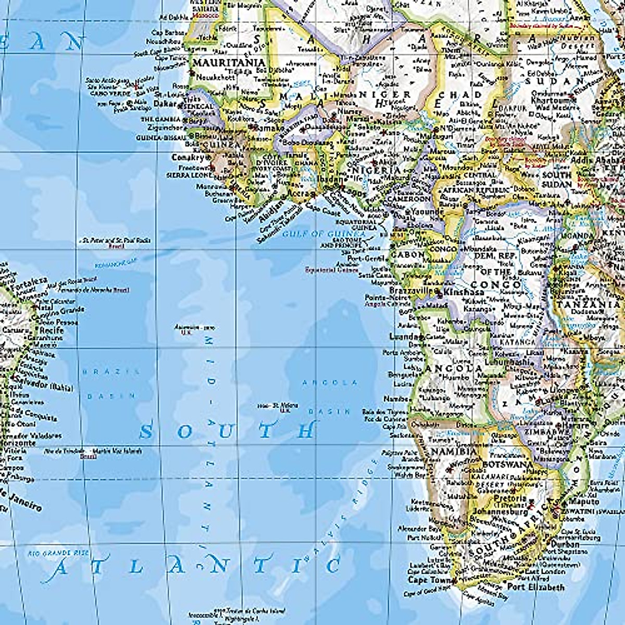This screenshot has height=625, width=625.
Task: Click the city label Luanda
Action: tap(404, 336)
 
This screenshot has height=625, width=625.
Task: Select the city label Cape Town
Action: tap(424, 580)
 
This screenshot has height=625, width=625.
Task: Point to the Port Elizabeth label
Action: tap(536, 587)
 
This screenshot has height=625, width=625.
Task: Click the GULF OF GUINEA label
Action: tap(324, 234)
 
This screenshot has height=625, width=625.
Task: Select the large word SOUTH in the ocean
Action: tap(228, 431)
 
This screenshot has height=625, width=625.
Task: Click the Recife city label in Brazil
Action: tap(52, 330)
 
